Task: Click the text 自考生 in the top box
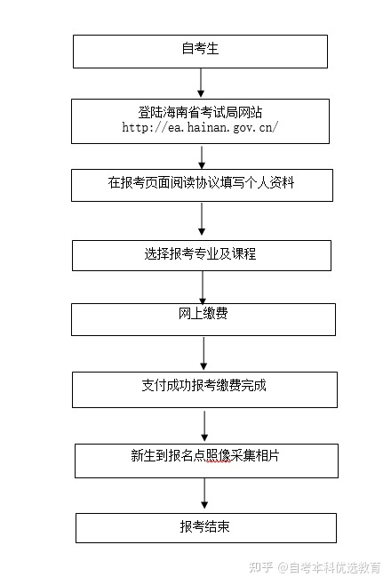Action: click(x=200, y=49)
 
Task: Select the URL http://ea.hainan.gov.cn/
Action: click(x=200, y=128)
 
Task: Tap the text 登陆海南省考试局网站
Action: click(x=200, y=112)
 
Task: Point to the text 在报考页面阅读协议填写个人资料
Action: click(x=202, y=183)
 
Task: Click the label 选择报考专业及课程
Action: click(x=200, y=253)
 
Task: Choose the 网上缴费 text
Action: click(x=203, y=313)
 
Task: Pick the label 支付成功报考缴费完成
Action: click(x=203, y=385)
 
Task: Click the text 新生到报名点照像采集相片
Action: click(x=205, y=455)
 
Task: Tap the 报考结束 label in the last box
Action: click(x=204, y=526)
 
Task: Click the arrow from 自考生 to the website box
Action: click(x=201, y=83)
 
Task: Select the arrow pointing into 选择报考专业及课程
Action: click(x=202, y=219)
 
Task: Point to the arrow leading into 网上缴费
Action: click(x=203, y=287)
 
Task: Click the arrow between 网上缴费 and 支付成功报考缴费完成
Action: click(x=203, y=353)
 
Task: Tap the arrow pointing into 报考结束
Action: click(x=204, y=493)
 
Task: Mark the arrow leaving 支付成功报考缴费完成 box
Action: click(x=204, y=426)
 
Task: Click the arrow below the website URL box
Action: click(x=202, y=157)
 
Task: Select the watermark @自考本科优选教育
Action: click(x=329, y=567)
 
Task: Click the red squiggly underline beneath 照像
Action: click(x=218, y=462)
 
